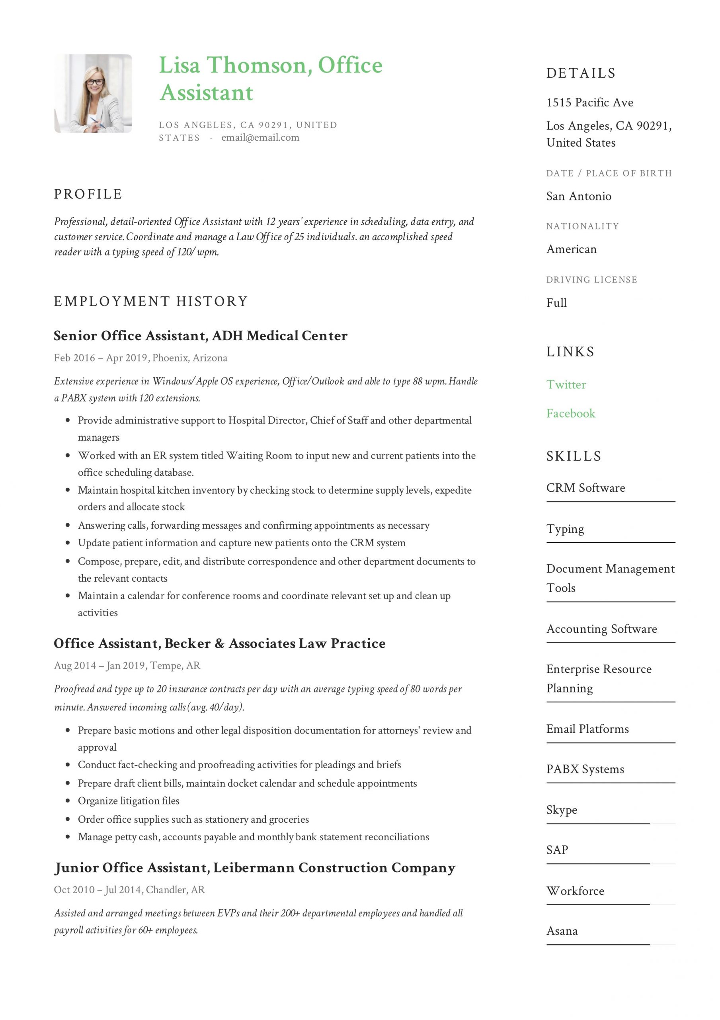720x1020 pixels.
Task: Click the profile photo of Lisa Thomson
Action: pos(93,93)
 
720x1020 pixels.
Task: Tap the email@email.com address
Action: pos(260,138)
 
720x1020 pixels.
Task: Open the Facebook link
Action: pos(570,413)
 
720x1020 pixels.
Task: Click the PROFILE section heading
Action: pos(88,194)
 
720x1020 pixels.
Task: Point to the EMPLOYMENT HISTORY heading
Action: pos(150,301)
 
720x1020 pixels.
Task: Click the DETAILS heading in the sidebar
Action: pos(581,73)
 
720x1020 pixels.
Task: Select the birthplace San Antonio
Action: pos(578,196)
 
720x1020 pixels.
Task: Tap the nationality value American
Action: pos(571,249)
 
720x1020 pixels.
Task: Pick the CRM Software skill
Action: pos(585,488)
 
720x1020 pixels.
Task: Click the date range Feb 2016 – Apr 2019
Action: pos(101,358)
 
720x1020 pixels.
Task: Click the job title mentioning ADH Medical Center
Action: pos(200,335)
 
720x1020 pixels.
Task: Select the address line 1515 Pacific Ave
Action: pos(589,103)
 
